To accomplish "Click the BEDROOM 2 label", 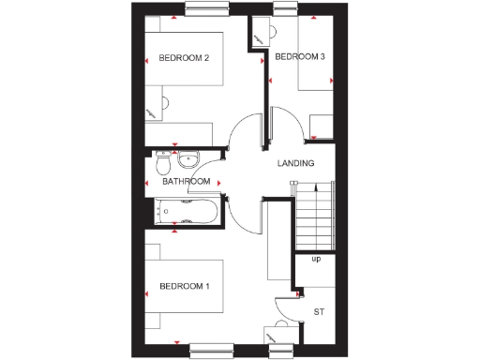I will (x=184, y=58).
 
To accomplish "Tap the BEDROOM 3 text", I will (x=300, y=57).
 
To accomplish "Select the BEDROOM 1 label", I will (x=184, y=285).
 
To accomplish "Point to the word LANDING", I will (x=295, y=163).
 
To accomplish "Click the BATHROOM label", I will (x=186, y=182).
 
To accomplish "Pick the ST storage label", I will (x=319, y=310).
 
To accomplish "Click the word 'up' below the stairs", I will (x=316, y=259).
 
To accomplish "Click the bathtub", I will (x=186, y=212).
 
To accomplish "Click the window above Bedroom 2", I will (x=209, y=9).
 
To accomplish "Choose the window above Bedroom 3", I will (x=288, y=9).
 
